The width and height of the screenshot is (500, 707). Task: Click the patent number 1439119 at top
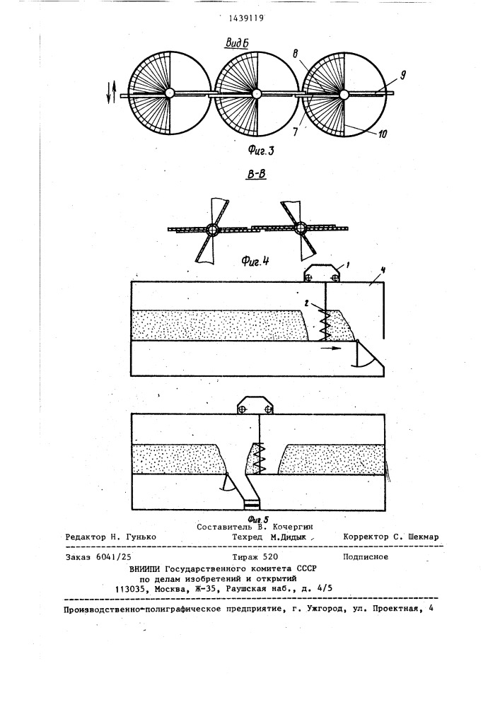point(245,18)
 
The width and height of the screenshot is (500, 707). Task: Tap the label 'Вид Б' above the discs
point(238,43)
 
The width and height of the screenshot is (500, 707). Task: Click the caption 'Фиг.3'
point(260,151)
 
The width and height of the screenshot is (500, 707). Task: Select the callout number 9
point(402,75)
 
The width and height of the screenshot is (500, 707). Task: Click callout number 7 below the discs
point(296,132)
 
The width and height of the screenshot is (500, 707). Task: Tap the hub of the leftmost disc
point(170,93)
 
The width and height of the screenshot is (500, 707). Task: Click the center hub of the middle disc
point(256,93)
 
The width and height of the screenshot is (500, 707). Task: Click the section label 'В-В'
point(255,173)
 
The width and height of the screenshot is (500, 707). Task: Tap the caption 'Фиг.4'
point(255,260)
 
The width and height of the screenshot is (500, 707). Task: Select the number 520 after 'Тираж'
point(270,557)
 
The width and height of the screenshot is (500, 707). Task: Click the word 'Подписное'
point(366,557)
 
